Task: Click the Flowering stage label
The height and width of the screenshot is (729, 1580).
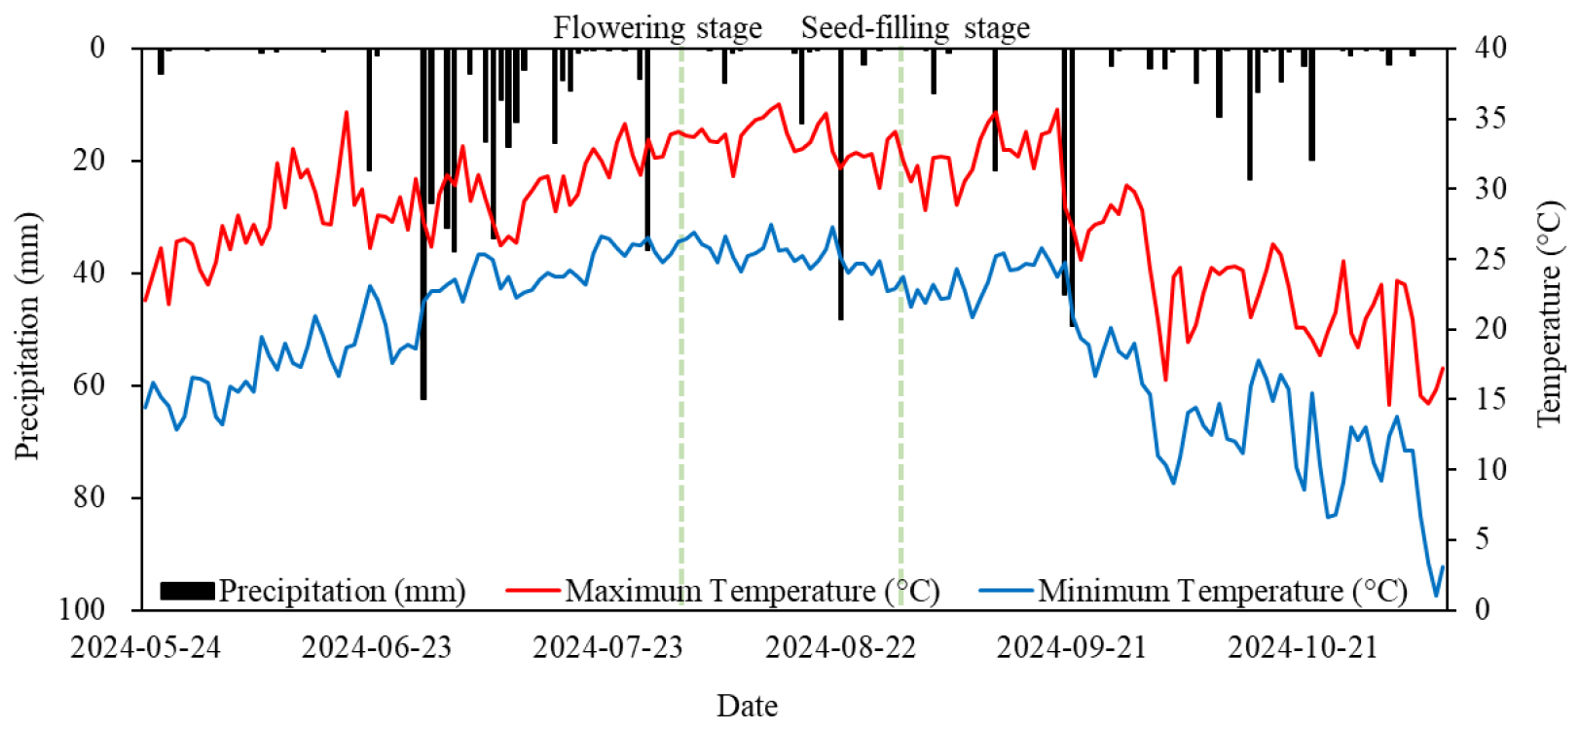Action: click(657, 28)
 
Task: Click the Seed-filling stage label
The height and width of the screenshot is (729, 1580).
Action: click(915, 28)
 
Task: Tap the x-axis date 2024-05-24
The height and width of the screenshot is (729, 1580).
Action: click(145, 647)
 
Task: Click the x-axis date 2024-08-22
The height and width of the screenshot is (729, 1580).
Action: click(840, 647)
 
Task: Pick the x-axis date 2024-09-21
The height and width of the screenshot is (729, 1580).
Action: click(1071, 647)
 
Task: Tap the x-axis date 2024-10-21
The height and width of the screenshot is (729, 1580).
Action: click(1303, 647)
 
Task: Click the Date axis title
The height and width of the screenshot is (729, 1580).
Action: click(747, 706)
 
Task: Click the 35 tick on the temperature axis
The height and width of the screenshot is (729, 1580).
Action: click(1489, 118)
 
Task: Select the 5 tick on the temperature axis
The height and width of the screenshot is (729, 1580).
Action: click(1483, 539)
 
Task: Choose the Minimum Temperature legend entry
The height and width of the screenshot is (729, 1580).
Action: click(1222, 591)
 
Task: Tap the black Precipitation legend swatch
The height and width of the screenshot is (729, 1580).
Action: click(187, 591)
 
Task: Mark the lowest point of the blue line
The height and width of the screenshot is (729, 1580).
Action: click(1435, 595)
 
